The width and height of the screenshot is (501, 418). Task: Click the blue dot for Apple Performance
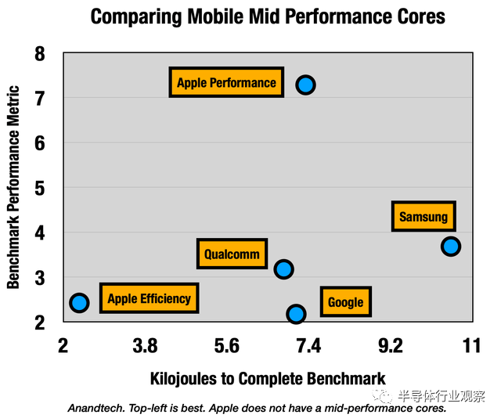click(x=305, y=85)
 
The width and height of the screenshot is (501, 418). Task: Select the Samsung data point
click(x=450, y=246)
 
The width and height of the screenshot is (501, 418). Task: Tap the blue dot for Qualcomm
click(x=283, y=269)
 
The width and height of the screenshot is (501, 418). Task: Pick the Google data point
click(x=296, y=314)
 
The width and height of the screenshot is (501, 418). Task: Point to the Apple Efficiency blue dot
click(x=79, y=302)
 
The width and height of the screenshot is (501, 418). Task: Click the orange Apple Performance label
click(x=226, y=83)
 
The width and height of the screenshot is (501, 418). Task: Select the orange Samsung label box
click(x=424, y=217)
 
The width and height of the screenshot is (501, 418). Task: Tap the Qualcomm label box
click(x=232, y=254)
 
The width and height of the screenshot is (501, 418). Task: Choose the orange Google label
click(x=345, y=302)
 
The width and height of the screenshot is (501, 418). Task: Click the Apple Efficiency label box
click(x=149, y=298)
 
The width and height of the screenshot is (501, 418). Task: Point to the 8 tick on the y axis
click(x=40, y=54)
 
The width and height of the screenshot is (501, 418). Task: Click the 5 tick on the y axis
click(x=40, y=189)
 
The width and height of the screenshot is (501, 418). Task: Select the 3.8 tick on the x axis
click(x=145, y=344)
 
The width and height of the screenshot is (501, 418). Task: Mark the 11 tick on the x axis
click(x=470, y=344)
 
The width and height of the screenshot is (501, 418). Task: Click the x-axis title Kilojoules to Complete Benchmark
click(x=268, y=378)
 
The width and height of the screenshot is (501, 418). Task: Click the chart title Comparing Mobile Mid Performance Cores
click(x=268, y=16)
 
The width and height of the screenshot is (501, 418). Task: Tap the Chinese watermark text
click(x=441, y=395)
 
